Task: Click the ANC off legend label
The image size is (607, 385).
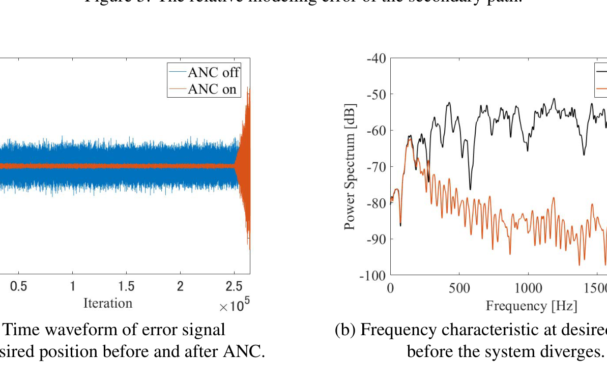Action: [x=213, y=73]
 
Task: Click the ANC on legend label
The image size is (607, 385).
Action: [x=212, y=88]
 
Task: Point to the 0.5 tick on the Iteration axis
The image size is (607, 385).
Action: [x=19, y=287]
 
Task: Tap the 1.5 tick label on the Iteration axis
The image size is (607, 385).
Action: [x=126, y=287]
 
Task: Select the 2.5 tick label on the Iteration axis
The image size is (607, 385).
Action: [x=234, y=287]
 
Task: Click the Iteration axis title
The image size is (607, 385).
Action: [x=108, y=304]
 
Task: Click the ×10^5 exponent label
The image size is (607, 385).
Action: [x=234, y=306]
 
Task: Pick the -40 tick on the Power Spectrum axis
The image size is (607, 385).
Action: [x=377, y=58]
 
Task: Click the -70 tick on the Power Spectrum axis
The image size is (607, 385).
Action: [x=377, y=167]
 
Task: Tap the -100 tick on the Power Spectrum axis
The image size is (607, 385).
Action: [x=374, y=276]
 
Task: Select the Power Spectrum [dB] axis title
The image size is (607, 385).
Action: [x=350, y=166]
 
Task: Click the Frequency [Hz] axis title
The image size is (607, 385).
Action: [x=531, y=306]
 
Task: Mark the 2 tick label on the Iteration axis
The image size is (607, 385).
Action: [x=180, y=287]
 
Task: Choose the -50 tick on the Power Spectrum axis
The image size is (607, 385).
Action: [x=377, y=95]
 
